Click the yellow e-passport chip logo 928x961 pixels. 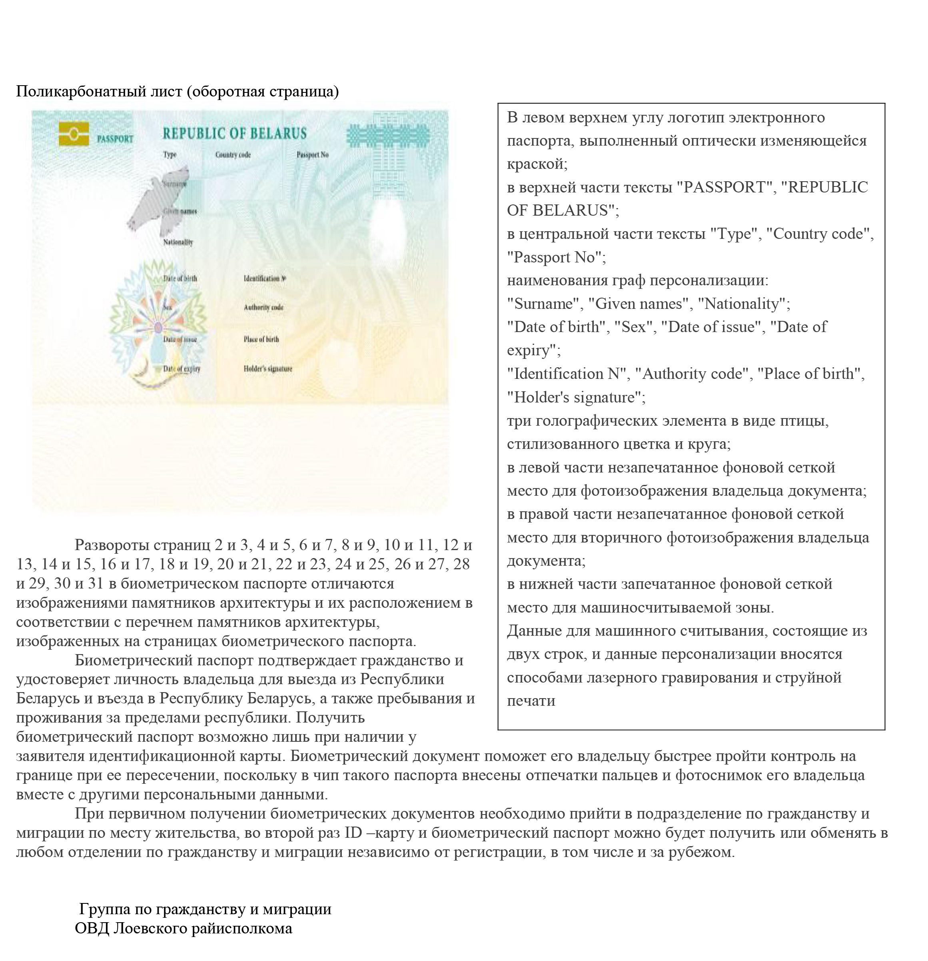coord(74,133)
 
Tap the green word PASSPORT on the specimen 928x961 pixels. coord(115,139)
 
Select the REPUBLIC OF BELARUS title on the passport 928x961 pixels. coord(234,133)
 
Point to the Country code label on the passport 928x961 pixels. coord(233,155)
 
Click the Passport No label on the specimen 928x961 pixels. coord(312,155)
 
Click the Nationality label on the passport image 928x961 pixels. coord(178,242)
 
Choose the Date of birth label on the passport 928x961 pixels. coord(180,278)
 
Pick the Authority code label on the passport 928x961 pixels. coord(263,307)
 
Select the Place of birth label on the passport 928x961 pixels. coord(261,339)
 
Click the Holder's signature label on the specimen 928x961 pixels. coord(267,369)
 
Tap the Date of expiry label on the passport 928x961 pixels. coord(181,369)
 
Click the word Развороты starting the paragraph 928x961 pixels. coord(112,545)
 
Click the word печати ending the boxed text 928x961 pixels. coord(531,701)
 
